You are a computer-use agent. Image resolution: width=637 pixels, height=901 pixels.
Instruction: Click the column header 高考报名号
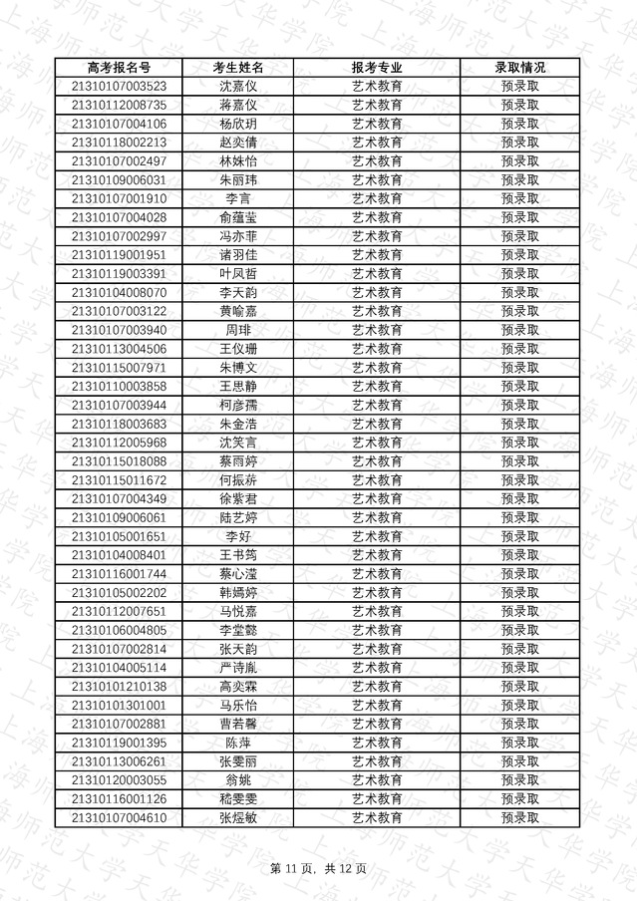tap(120, 68)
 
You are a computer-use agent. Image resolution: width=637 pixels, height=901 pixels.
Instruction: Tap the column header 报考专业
tap(378, 68)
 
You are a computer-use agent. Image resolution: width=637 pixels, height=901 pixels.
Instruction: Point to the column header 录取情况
tap(520, 68)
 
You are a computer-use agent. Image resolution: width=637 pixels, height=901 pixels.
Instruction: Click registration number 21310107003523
tap(120, 87)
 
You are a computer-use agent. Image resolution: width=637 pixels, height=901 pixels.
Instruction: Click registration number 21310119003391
tap(120, 274)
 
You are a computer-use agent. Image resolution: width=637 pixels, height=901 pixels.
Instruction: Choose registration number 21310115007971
tap(120, 368)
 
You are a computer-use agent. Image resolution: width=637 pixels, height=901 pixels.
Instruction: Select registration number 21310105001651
tap(120, 536)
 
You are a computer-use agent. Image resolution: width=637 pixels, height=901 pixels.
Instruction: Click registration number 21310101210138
tap(120, 687)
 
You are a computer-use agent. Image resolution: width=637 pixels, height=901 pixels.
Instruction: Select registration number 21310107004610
tap(120, 818)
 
